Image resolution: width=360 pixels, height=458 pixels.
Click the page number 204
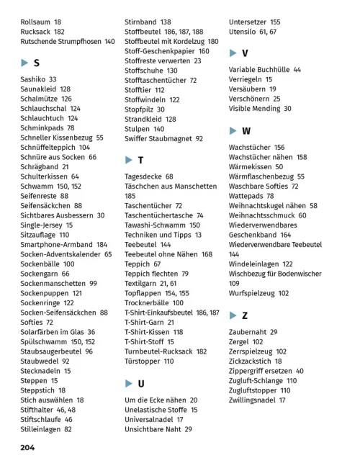point(27,447)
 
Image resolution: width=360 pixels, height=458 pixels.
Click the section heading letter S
point(36,63)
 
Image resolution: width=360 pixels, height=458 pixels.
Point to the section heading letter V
point(245,53)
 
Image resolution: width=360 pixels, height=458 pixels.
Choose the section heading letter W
point(246,131)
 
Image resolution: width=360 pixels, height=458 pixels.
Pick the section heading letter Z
point(245,315)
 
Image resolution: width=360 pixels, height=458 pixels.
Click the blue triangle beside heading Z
point(233,315)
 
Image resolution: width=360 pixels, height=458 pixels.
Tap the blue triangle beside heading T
point(128,160)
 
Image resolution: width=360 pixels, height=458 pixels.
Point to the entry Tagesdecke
point(143,176)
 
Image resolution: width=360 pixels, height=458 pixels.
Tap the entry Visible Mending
point(255,109)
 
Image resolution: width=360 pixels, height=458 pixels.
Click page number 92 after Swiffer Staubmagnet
point(199,138)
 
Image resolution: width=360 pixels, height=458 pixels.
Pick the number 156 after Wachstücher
point(279,148)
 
